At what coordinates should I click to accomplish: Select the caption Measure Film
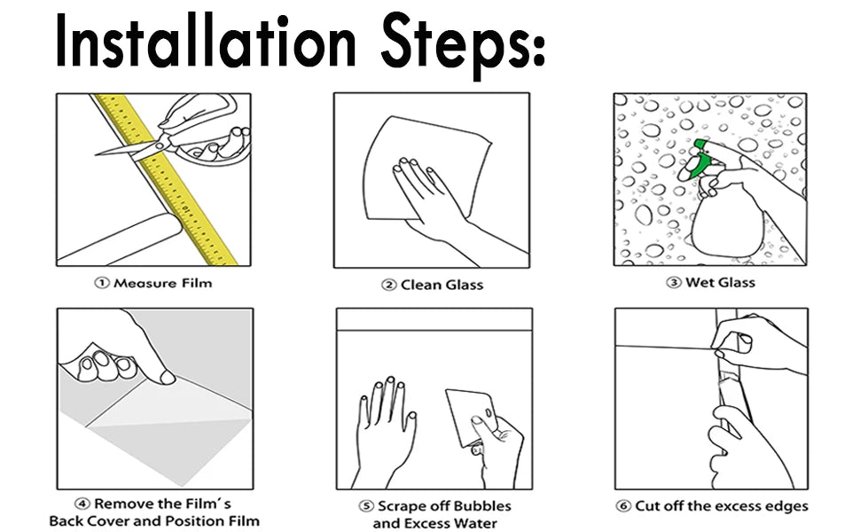coord(162,283)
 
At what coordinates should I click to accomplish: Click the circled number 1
coord(102,283)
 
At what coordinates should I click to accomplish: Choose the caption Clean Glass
coord(442,285)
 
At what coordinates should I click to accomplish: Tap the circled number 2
coord(389,286)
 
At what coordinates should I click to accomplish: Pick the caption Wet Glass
coord(720,283)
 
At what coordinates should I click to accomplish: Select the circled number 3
coord(674,283)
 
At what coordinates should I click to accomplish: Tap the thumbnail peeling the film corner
coord(168,377)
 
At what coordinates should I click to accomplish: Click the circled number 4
coord(82,504)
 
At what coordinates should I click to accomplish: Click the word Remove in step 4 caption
coord(121,504)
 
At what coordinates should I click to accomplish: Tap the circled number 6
coord(623,505)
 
